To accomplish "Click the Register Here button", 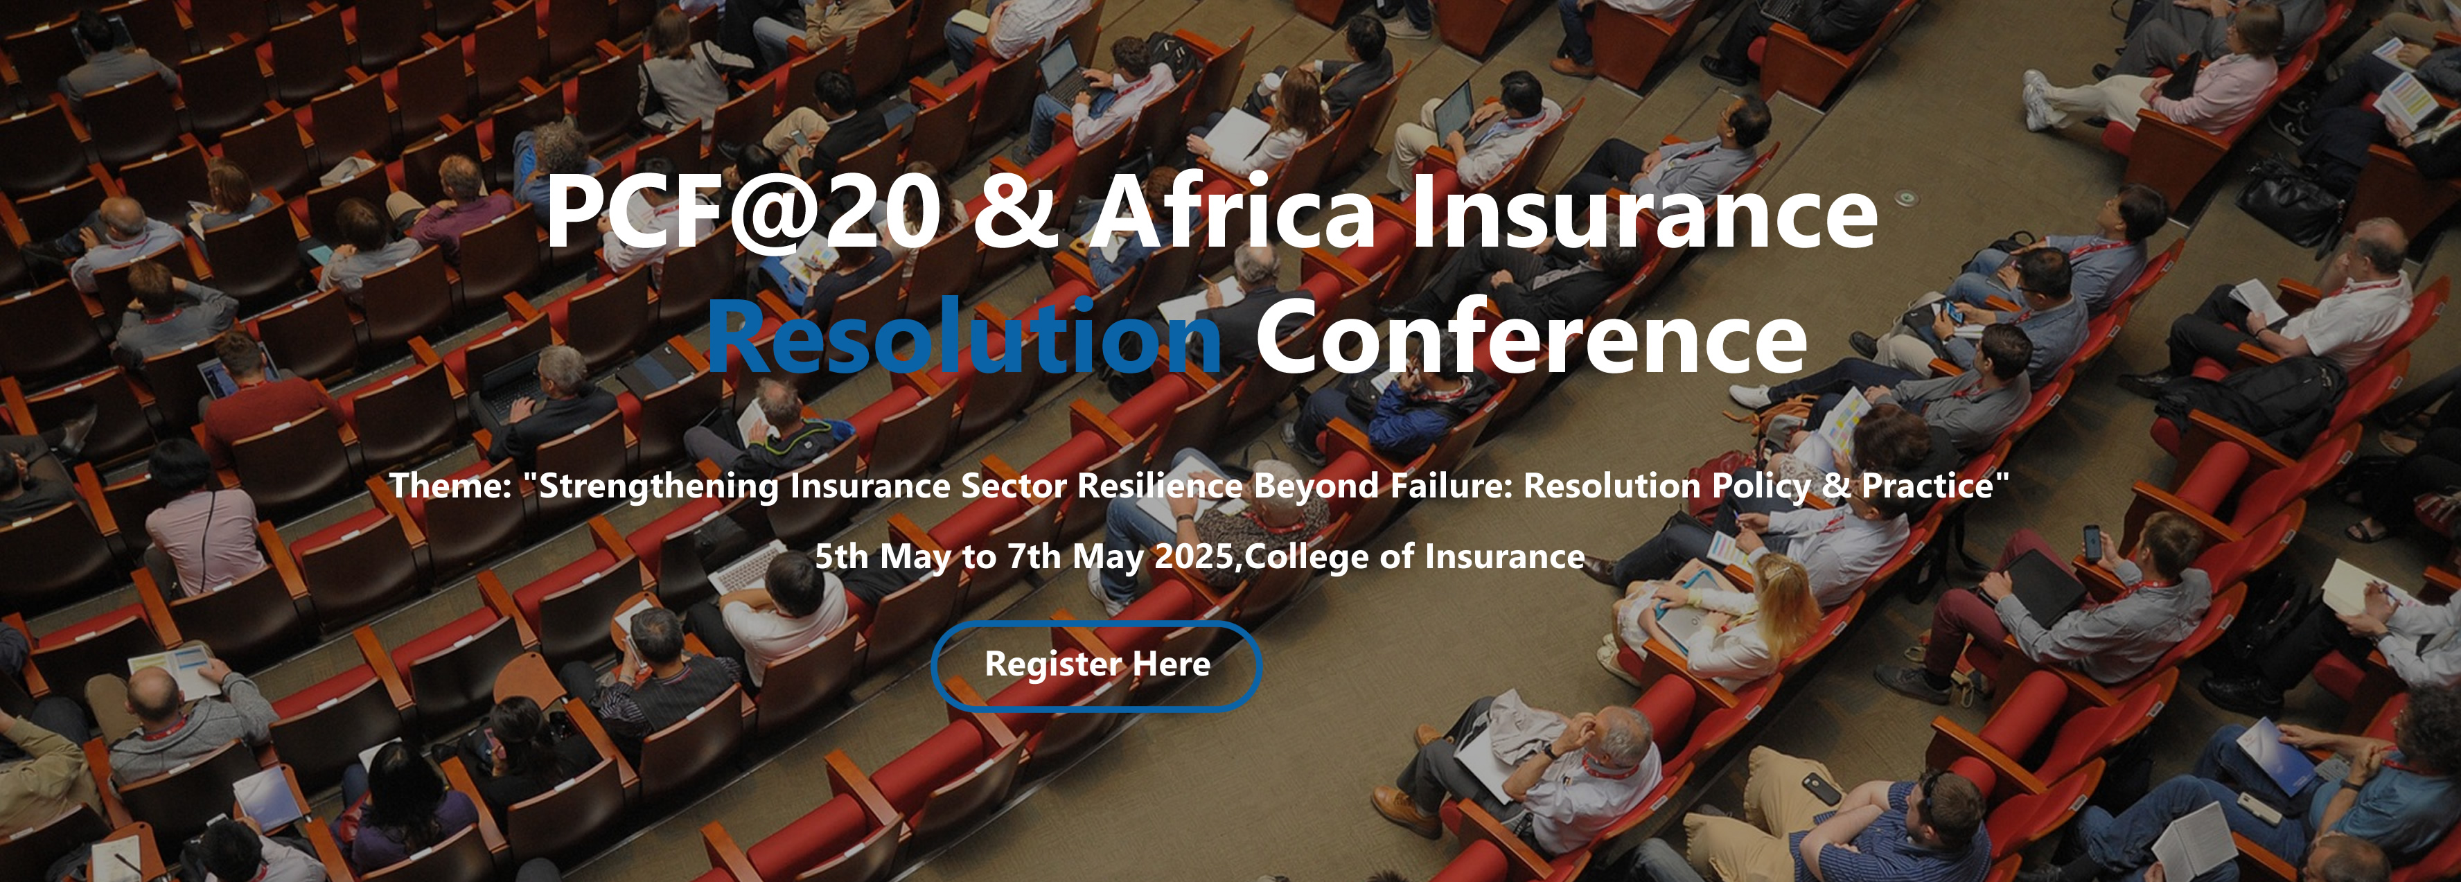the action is click(x=1096, y=665).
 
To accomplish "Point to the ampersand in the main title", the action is click(x=1016, y=213).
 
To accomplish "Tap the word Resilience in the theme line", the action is click(x=1160, y=486).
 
